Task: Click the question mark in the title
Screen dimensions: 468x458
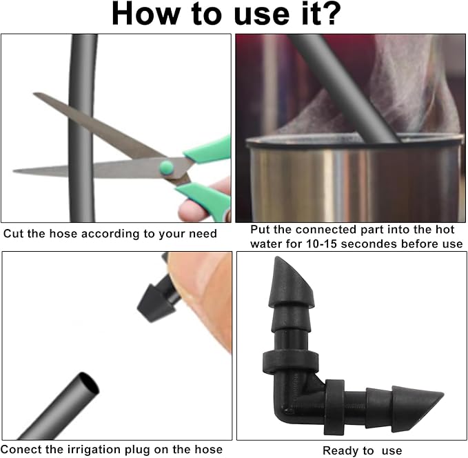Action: tap(329, 13)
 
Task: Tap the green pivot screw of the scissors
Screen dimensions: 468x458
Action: tap(166, 168)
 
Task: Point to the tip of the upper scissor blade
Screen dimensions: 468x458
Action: tap(34, 94)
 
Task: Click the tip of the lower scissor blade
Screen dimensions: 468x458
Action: tap(13, 171)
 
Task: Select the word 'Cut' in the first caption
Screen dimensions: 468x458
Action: tap(14, 234)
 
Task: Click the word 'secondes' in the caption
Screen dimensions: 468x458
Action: tap(369, 244)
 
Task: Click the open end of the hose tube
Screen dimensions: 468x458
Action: tap(88, 383)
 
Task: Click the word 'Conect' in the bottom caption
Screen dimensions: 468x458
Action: tap(20, 450)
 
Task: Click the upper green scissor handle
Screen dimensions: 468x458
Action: tap(209, 150)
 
